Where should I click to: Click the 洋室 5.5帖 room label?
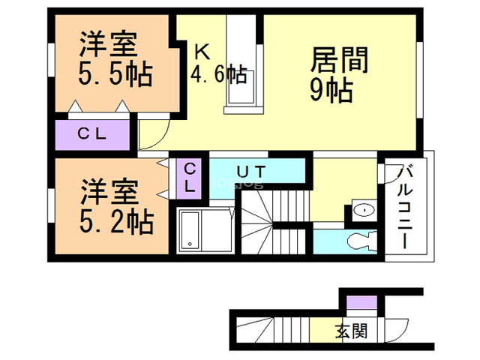tap(115, 59)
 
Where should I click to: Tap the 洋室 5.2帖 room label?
tap(117, 207)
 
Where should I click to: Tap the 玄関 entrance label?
tap(351, 331)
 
